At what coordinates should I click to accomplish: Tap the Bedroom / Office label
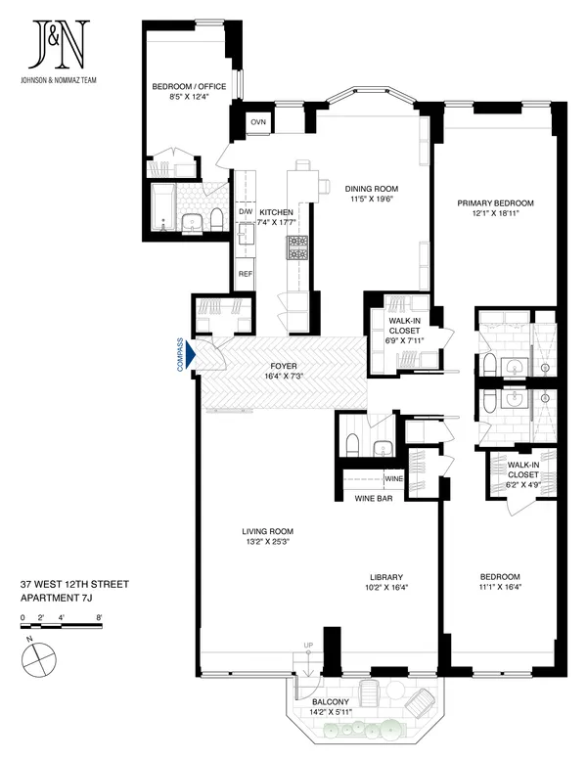tap(189, 87)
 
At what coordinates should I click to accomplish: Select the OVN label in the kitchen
tap(258, 122)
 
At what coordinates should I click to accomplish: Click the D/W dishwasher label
tap(246, 212)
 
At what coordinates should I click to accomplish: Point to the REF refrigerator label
tap(246, 274)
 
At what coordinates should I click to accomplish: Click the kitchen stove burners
tap(295, 247)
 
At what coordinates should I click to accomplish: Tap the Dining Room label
tap(371, 189)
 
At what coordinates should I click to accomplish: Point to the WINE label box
tap(393, 479)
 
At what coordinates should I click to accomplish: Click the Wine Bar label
tap(374, 499)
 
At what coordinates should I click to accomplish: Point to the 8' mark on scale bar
tap(99, 618)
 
